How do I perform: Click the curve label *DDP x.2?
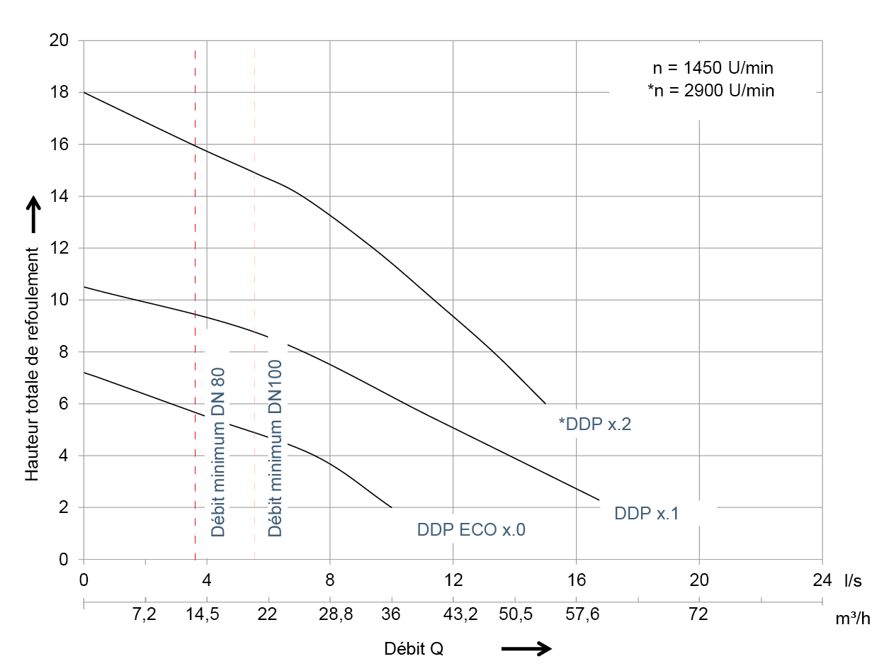click(594, 424)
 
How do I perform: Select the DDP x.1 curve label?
click(646, 514)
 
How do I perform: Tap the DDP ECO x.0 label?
click(471, 530)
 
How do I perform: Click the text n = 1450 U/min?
click(713, 69)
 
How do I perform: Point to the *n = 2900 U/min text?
click(710, 91)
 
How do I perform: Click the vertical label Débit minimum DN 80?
click(218, 453)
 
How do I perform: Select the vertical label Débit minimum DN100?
click(275, 449)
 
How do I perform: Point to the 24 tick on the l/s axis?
click(822, 580)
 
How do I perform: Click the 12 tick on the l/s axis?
click(453, 580)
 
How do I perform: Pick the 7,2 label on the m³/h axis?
click(145, 614)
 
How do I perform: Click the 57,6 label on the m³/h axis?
click(583, 614)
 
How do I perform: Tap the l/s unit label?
click(853, 581)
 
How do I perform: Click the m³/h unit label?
click(853, 619)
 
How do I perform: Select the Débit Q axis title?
click(414, 648)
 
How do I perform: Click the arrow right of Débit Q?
click(526, 648)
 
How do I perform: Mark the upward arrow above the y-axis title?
click(33, 214)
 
